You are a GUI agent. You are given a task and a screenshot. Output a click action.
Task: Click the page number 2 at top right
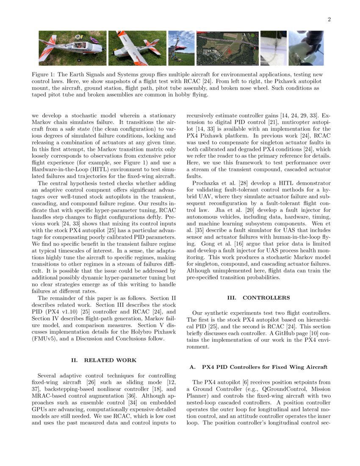tap(329, 19)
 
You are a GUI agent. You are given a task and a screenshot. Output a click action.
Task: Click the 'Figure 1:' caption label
tap(44, 75)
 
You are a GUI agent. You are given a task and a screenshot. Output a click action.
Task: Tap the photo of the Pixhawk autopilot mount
tap(72, 48)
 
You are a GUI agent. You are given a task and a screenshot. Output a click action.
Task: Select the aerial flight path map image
tap(227, 48)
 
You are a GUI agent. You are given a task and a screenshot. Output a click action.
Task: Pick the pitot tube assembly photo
tap(273, 48)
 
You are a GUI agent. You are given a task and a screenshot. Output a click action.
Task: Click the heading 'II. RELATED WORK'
tap(104, 360)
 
